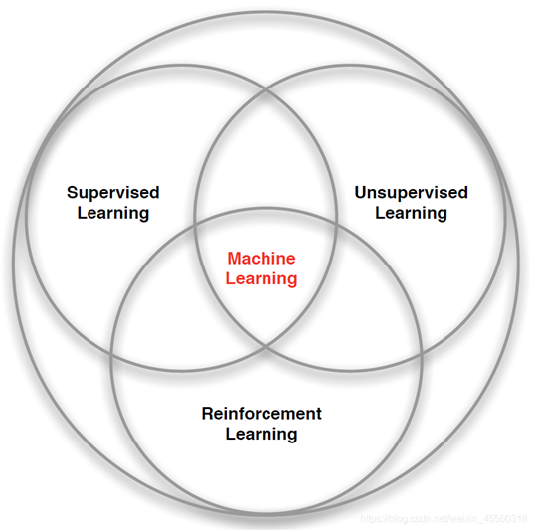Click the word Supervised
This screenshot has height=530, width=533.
point(113,194)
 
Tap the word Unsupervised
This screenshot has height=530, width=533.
point(412,194)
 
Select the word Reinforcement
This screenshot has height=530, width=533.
point(262,414)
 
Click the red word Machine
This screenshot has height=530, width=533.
point(262,258)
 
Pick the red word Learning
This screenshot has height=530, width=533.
point(262,279)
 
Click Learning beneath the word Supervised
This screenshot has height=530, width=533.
point(113,214)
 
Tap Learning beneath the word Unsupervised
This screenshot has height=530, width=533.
point(411,214)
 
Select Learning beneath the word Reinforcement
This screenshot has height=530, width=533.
point(262,435)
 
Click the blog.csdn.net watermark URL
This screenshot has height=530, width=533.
point(444,519)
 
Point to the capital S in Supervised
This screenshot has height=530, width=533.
point(73,193)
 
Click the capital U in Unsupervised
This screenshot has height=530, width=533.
point(361,193)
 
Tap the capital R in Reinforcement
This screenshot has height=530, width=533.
point(208,414)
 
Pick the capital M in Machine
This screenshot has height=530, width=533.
point(235,258)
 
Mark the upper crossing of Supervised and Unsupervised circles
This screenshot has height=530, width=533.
point(266,90)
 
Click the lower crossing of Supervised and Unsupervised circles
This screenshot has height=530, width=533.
point(266,347)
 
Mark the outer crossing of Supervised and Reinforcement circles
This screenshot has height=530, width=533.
point(111,355)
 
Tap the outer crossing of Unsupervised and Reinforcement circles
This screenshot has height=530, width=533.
point(421,355)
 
